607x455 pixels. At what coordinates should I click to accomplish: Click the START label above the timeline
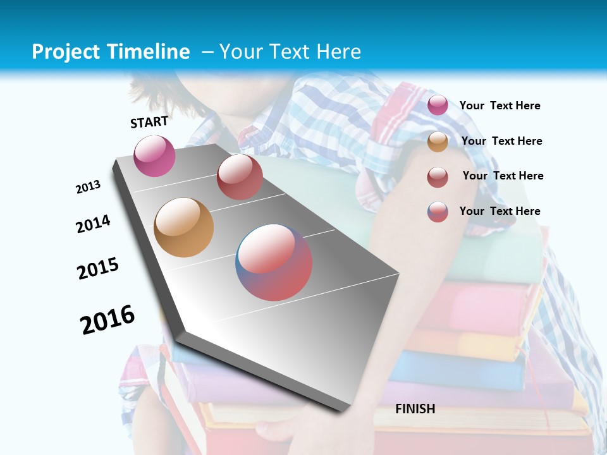149,122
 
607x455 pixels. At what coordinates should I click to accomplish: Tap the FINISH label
415,409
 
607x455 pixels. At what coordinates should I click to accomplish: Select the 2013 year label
89,187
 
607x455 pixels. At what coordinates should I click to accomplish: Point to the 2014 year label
94,224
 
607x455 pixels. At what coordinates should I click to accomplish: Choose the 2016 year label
107,320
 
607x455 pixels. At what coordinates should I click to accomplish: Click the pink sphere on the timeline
154,155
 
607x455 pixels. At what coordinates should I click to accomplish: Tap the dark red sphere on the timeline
240,177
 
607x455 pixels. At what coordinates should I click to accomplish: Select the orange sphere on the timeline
184,227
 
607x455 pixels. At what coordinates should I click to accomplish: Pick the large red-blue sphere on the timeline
274,262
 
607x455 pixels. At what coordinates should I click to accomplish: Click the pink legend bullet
438,106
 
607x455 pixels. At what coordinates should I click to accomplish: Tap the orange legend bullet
438,142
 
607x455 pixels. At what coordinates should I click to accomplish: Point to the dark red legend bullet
438,177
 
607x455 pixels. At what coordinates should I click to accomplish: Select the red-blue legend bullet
438,212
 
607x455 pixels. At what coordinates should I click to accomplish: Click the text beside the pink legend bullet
500,106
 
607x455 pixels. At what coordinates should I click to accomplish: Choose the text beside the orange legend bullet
501,141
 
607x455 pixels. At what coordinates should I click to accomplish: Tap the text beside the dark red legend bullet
503,176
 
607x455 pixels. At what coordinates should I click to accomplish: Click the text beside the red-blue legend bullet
500,211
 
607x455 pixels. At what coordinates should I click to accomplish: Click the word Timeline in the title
150,52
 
